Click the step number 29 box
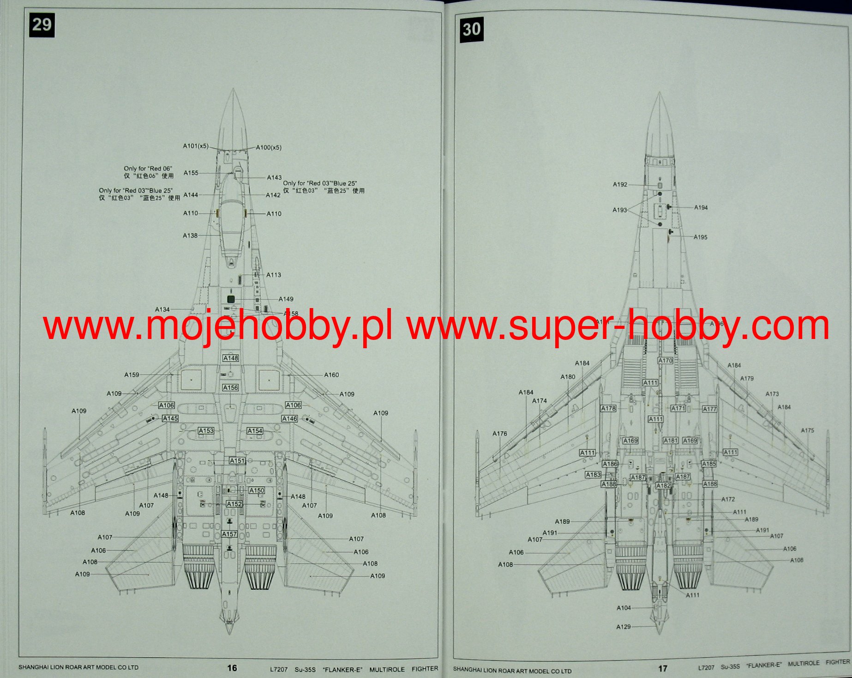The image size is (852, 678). click(42, 24)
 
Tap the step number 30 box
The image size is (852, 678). click(471, 29)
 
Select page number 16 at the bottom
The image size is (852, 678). click(232, 668)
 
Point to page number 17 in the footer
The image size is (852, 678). click(663, 668)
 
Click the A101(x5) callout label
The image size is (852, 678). click(196, 146)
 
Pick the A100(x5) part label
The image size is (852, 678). click(269, 147)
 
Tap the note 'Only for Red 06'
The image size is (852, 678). click(148, 169)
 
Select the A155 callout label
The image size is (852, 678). click(191, 173)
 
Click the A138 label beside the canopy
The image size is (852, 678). click(190, 236)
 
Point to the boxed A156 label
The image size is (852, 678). click(230, 387)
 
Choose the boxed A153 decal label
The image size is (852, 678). click(206, 430)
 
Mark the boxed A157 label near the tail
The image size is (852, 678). click(229, 534)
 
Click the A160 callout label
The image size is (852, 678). click(331, 375)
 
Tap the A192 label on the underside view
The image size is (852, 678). click(620, 184)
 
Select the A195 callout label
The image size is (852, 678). click(700, 237)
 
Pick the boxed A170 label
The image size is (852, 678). click(665, 360)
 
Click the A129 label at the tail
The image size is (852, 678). click(624, 627)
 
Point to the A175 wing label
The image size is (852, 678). click(807, 430)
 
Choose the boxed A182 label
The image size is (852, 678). click(663, 485)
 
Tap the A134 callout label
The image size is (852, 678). click(162, 309)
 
